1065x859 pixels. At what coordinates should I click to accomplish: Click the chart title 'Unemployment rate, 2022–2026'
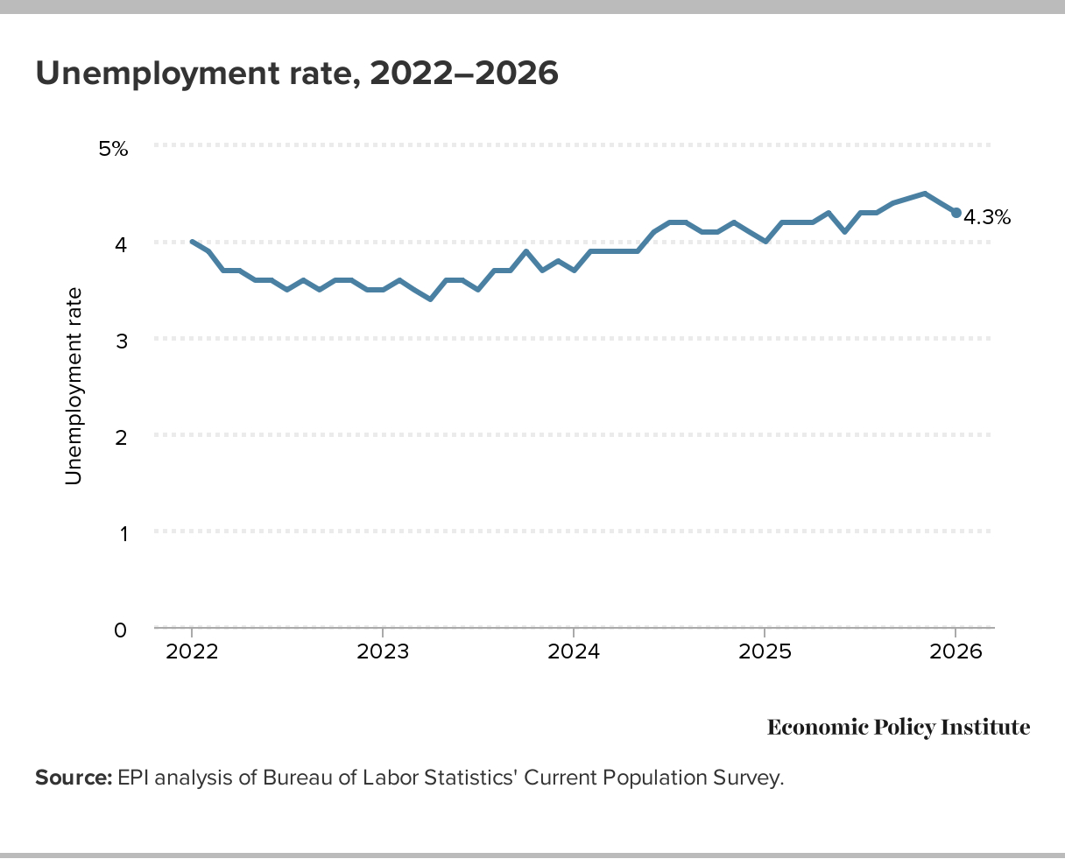point(296,74)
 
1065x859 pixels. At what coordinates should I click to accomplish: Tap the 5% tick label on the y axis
point(113,149)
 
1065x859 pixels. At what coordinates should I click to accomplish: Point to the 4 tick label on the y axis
point(121,244)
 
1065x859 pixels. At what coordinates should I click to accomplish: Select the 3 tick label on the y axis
point(121,341)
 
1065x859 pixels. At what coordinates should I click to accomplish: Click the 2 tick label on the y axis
point(121,437)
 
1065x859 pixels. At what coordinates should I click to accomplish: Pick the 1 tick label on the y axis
point(121,533)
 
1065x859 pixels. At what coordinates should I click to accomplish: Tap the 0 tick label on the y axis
point(121,630)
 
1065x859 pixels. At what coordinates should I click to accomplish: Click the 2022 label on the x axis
point(192,653)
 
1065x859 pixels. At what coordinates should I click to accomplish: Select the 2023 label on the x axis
point(383,653)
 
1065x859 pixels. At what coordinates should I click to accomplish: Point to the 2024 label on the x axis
point(573,653)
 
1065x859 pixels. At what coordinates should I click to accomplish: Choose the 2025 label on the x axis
point(765,653)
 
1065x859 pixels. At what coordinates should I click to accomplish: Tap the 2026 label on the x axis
point(956,653)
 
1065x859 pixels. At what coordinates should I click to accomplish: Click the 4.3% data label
point(987,217)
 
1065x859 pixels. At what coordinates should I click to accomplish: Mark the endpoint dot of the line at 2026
point(956,213)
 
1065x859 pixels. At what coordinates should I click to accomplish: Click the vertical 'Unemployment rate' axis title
point(74,385)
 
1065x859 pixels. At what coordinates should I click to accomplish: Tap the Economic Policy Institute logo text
point(899,728)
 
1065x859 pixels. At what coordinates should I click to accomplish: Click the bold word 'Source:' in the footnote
point(73,778)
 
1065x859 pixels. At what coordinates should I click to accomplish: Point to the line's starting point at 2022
point(192,242)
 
